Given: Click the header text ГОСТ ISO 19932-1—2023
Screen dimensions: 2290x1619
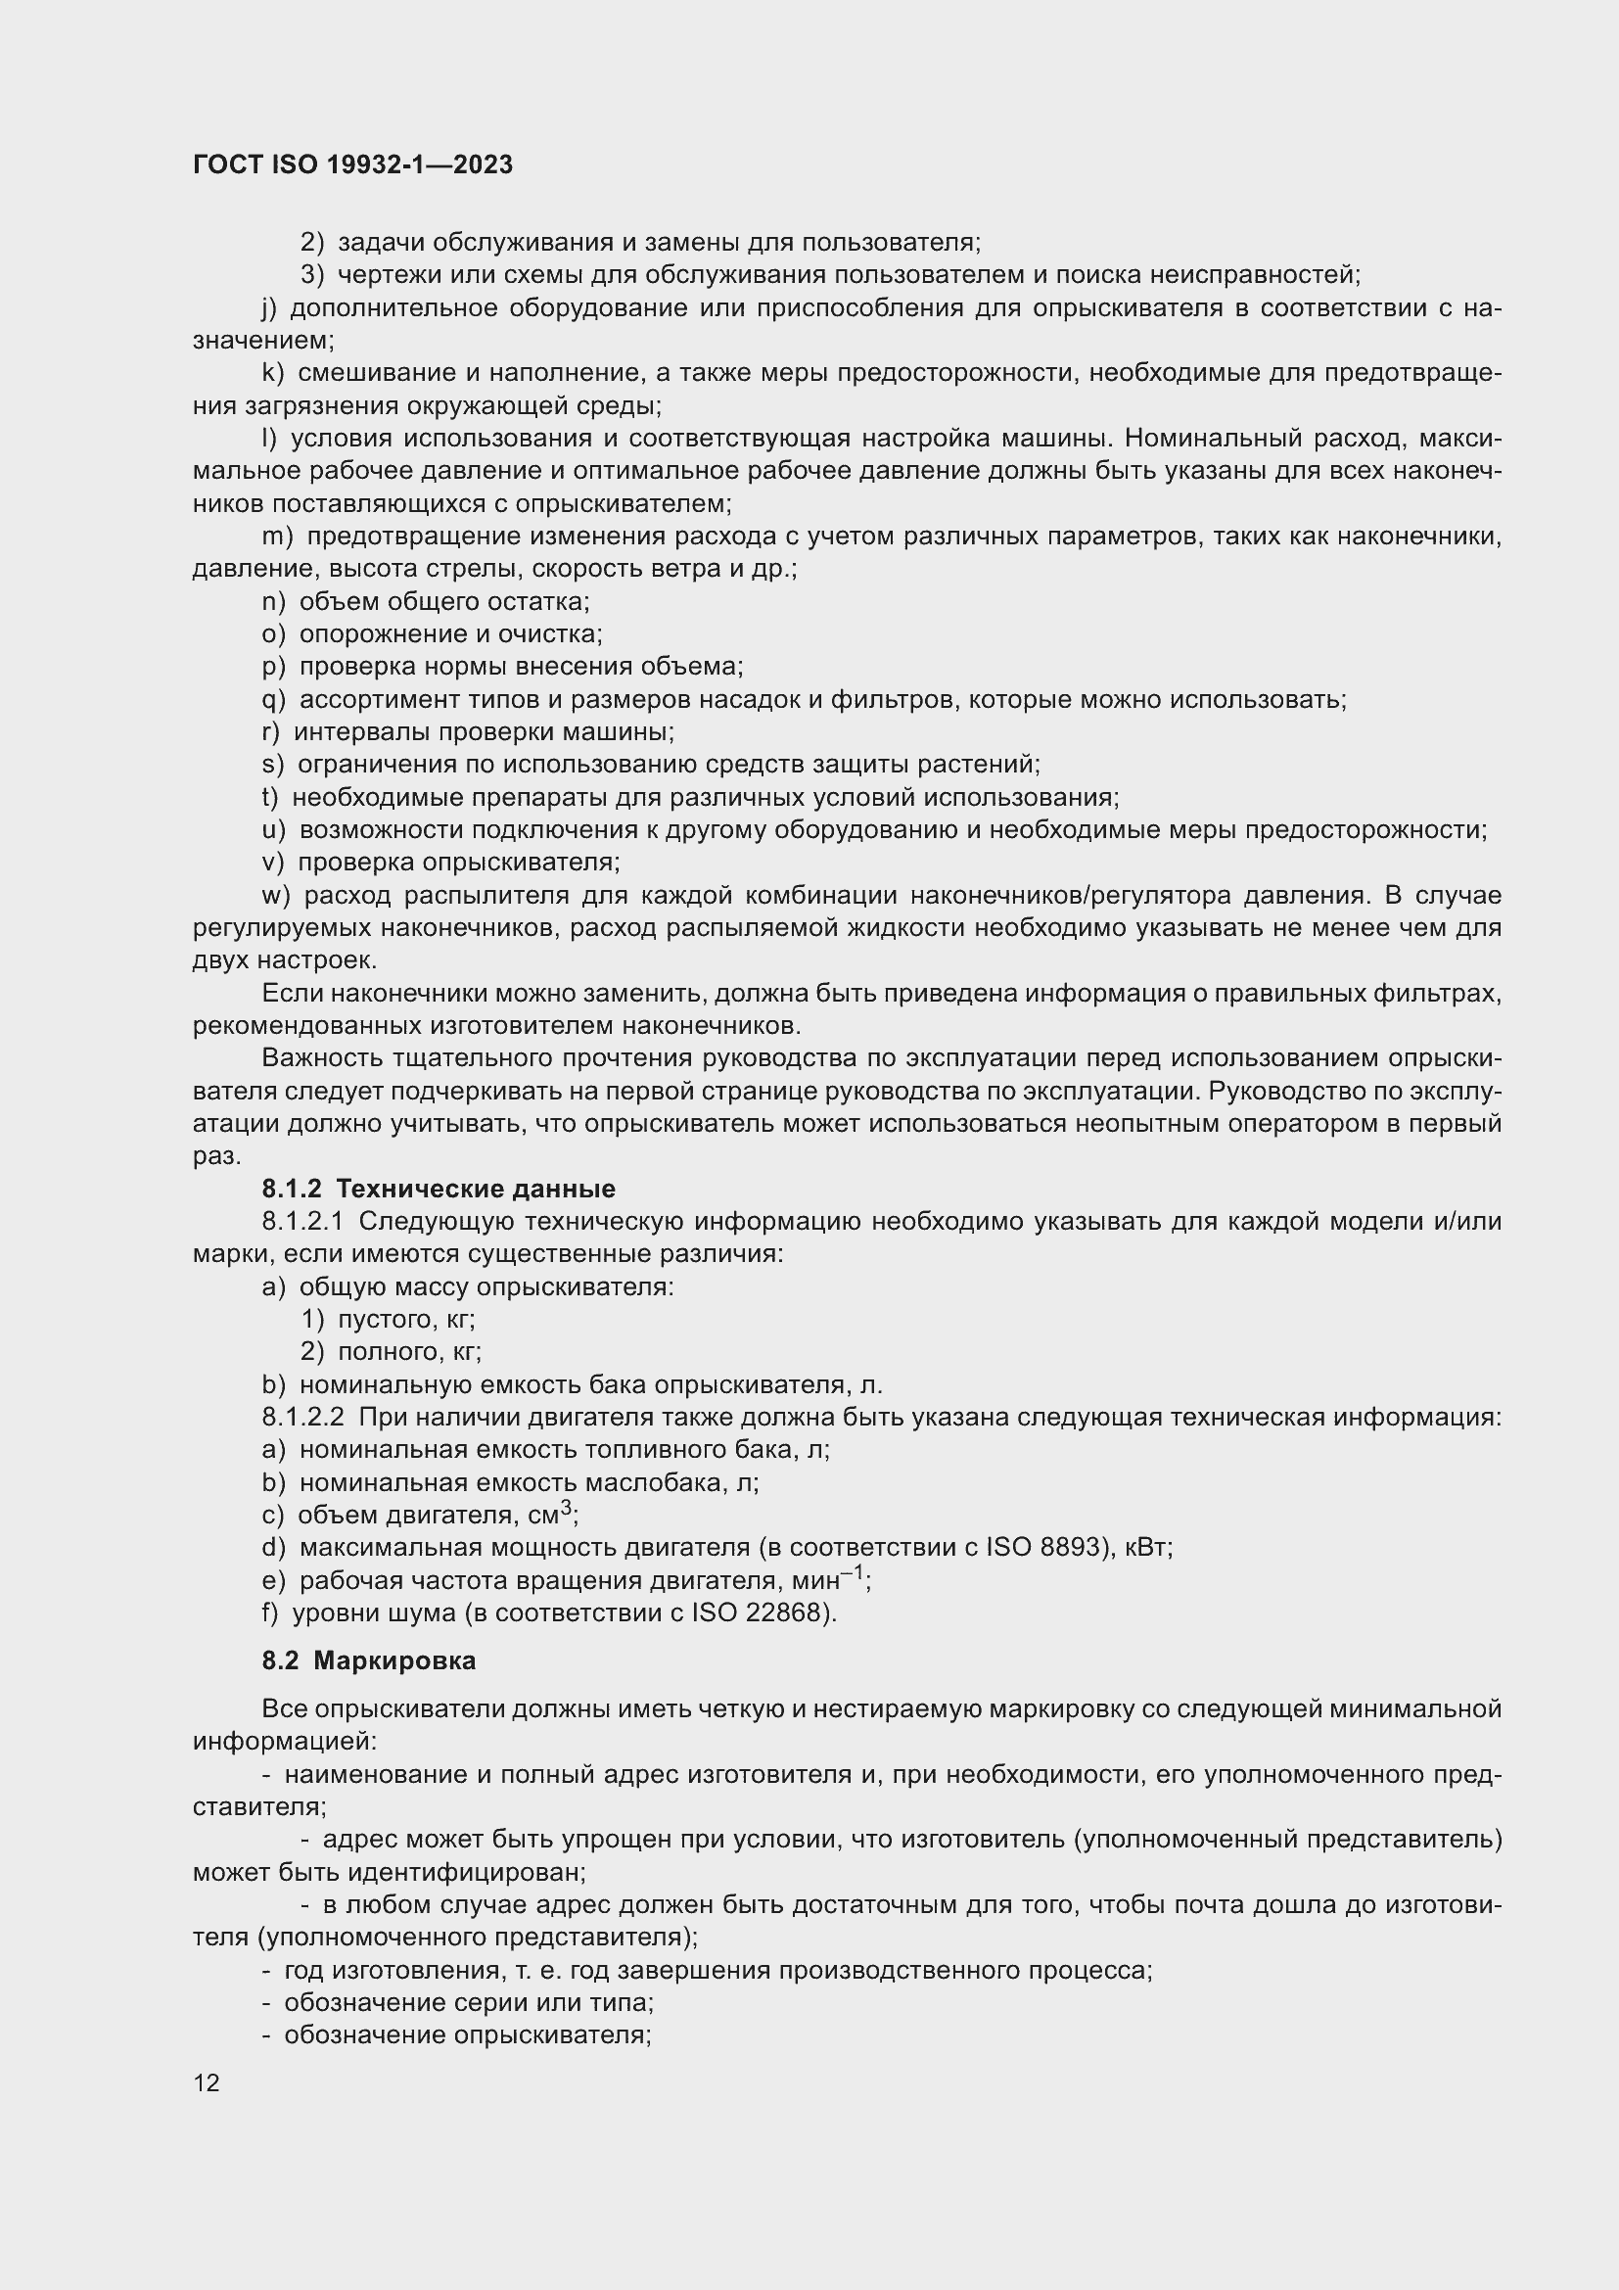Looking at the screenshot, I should click(352, 164).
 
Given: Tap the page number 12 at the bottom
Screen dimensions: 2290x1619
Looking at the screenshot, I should click(207, 2082).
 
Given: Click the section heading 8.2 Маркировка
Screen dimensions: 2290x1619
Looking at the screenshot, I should click(368, 1660).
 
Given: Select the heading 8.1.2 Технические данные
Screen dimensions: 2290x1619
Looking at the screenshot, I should click(438, 1189).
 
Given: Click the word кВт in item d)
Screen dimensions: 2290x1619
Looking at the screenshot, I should click(1147, 1548).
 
